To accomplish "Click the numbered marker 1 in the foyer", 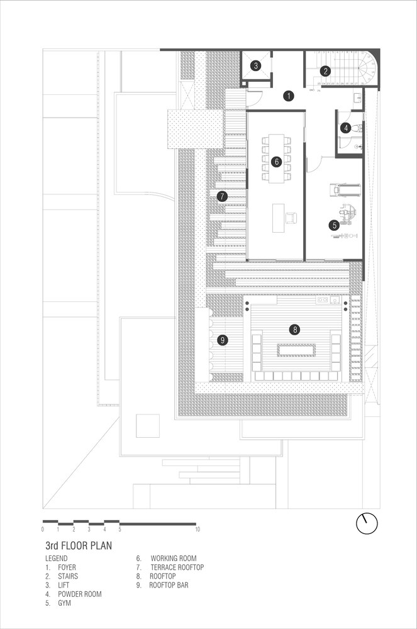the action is click(288, 96).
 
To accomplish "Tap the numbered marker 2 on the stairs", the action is click(326, 72).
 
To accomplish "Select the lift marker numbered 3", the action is click(256, 65).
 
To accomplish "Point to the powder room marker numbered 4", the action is click(346, 128).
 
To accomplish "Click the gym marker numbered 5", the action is click(335, 225).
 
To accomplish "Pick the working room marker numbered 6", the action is click(276, 162).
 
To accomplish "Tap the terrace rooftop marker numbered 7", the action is click(222, 196).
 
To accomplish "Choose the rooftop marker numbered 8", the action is click(295, 330).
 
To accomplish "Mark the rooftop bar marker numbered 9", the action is click(222, 340).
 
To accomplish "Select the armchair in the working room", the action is click(291, 218).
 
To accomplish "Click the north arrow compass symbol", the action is click(367, 523).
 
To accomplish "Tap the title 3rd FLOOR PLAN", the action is click(79, 545).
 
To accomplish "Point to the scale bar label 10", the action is click(197, 530).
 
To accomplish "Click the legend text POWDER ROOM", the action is click(80, 594).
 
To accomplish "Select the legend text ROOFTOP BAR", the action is click(169, 585).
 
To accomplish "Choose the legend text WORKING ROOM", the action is click(174, 559).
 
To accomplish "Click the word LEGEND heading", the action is click(57, 559).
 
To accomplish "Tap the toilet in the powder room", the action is click(358, 128).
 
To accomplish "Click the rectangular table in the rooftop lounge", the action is click(296, 350).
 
